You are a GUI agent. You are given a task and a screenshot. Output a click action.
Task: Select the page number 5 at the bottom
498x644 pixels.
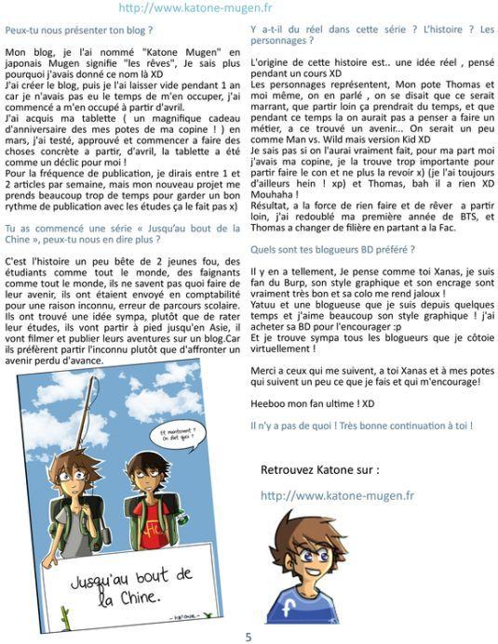point(249,637)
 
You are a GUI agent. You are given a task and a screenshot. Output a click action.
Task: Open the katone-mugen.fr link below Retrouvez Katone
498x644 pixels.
point(337,494)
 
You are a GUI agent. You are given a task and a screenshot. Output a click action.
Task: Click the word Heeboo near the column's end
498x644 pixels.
point(270,403)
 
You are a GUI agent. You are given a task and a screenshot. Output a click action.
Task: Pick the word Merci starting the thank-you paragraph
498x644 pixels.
point(266,369)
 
